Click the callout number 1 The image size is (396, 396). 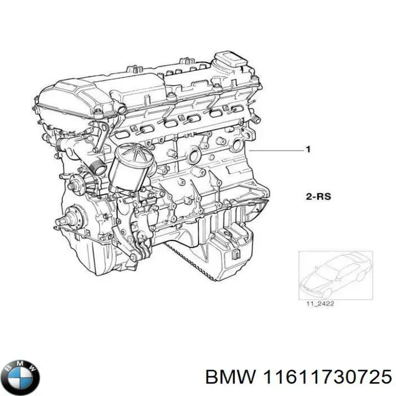tap(309, 149)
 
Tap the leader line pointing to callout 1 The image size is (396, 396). tap(275, 150)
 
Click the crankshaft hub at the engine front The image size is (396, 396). tap(69, 223)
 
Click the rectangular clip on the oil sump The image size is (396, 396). tap(235, 254)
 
